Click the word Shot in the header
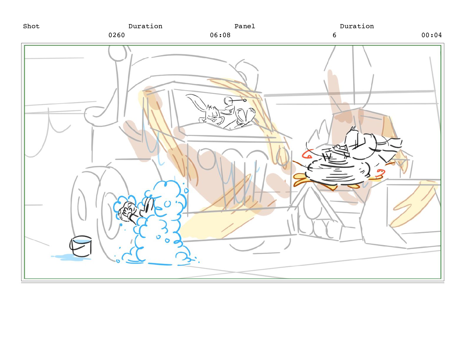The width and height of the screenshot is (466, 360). click(31, 26)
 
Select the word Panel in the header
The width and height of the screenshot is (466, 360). click(245, 26)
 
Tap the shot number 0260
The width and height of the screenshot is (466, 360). click(117, 35)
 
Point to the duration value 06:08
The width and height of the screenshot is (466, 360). click(220, 35)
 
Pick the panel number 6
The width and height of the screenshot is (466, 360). click(334, 35)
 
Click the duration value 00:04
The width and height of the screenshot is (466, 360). click(432, 35)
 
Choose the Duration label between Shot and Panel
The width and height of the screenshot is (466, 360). click(145, 26)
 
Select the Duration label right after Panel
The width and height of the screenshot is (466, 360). click(357, 26)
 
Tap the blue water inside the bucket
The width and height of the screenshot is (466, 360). click(81, 241)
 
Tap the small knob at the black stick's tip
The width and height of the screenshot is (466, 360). click(245, 100)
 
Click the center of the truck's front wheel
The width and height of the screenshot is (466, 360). click(110, 214)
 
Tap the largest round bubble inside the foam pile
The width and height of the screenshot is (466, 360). click(167, 204)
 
